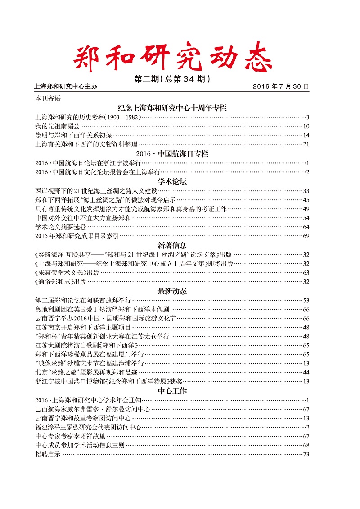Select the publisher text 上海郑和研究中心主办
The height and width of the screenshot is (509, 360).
click(x=66, y=86)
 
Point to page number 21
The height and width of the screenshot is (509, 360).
click(x=306, y=144)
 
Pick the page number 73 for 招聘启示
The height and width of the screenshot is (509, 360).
click(x=306, y=455)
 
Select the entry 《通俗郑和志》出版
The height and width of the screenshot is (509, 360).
click(x=60, y=282)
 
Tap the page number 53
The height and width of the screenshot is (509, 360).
click(x=306, y=300)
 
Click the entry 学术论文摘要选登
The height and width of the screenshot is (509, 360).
click(x=61, y=227)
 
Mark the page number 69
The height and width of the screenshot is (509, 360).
click(x=306, y=236)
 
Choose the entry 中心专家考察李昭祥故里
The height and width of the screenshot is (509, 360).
click(x=70, y=437)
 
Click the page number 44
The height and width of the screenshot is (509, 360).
click(x=306, y=373)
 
